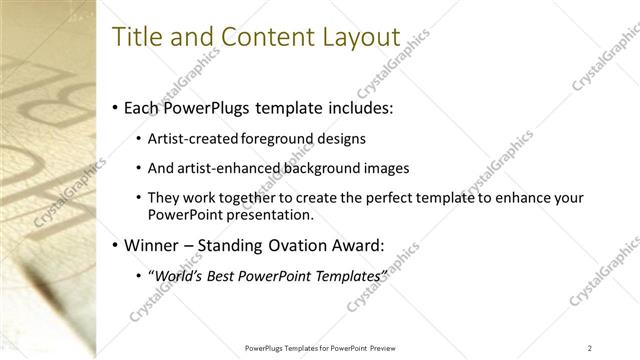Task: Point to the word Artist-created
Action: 188,139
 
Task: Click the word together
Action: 260,198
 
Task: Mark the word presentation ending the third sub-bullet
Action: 274,214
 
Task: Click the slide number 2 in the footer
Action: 590,347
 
